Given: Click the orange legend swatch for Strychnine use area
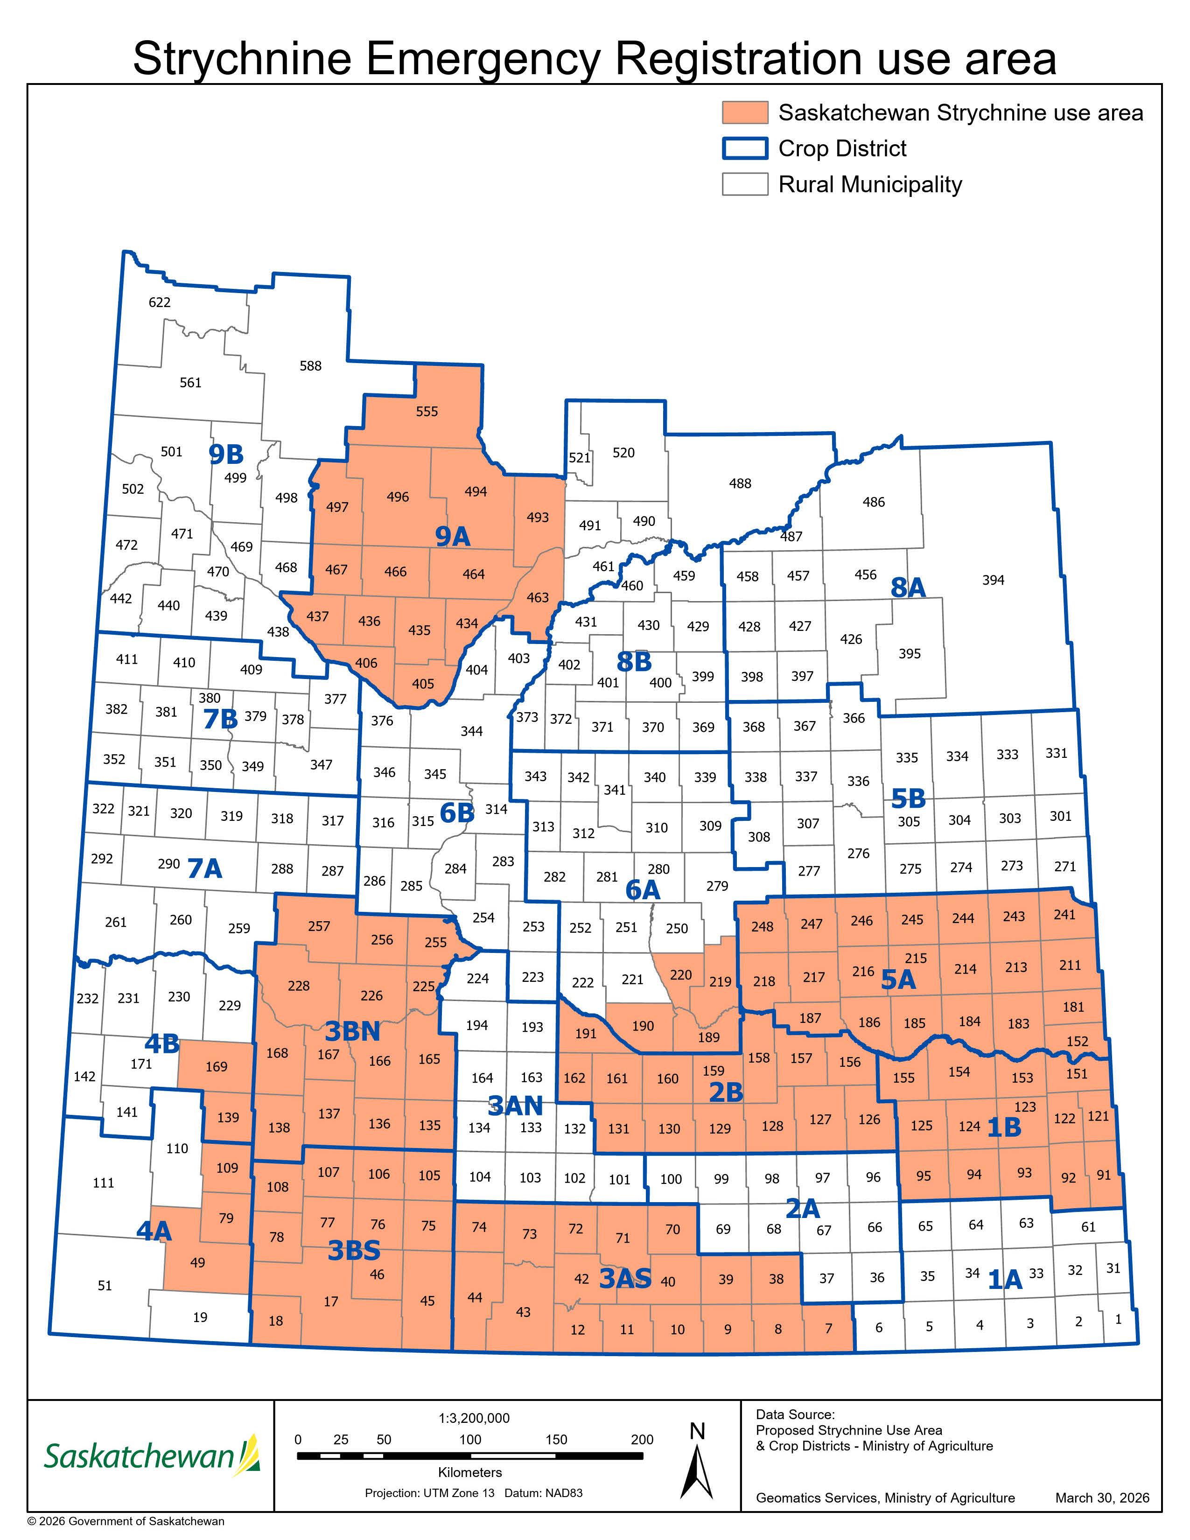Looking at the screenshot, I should [744, 113].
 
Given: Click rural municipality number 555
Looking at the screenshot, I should [427, 412].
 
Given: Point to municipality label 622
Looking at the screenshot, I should [159, 302].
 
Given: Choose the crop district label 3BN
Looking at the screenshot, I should [352, 1032].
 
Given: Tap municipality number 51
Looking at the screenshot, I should [105, 1286].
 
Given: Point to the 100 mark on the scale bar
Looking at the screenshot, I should [470, 1440].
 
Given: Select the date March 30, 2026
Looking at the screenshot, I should [1102, 1498].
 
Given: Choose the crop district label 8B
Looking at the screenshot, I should [633, 662].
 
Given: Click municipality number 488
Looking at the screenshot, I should [740, 484].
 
